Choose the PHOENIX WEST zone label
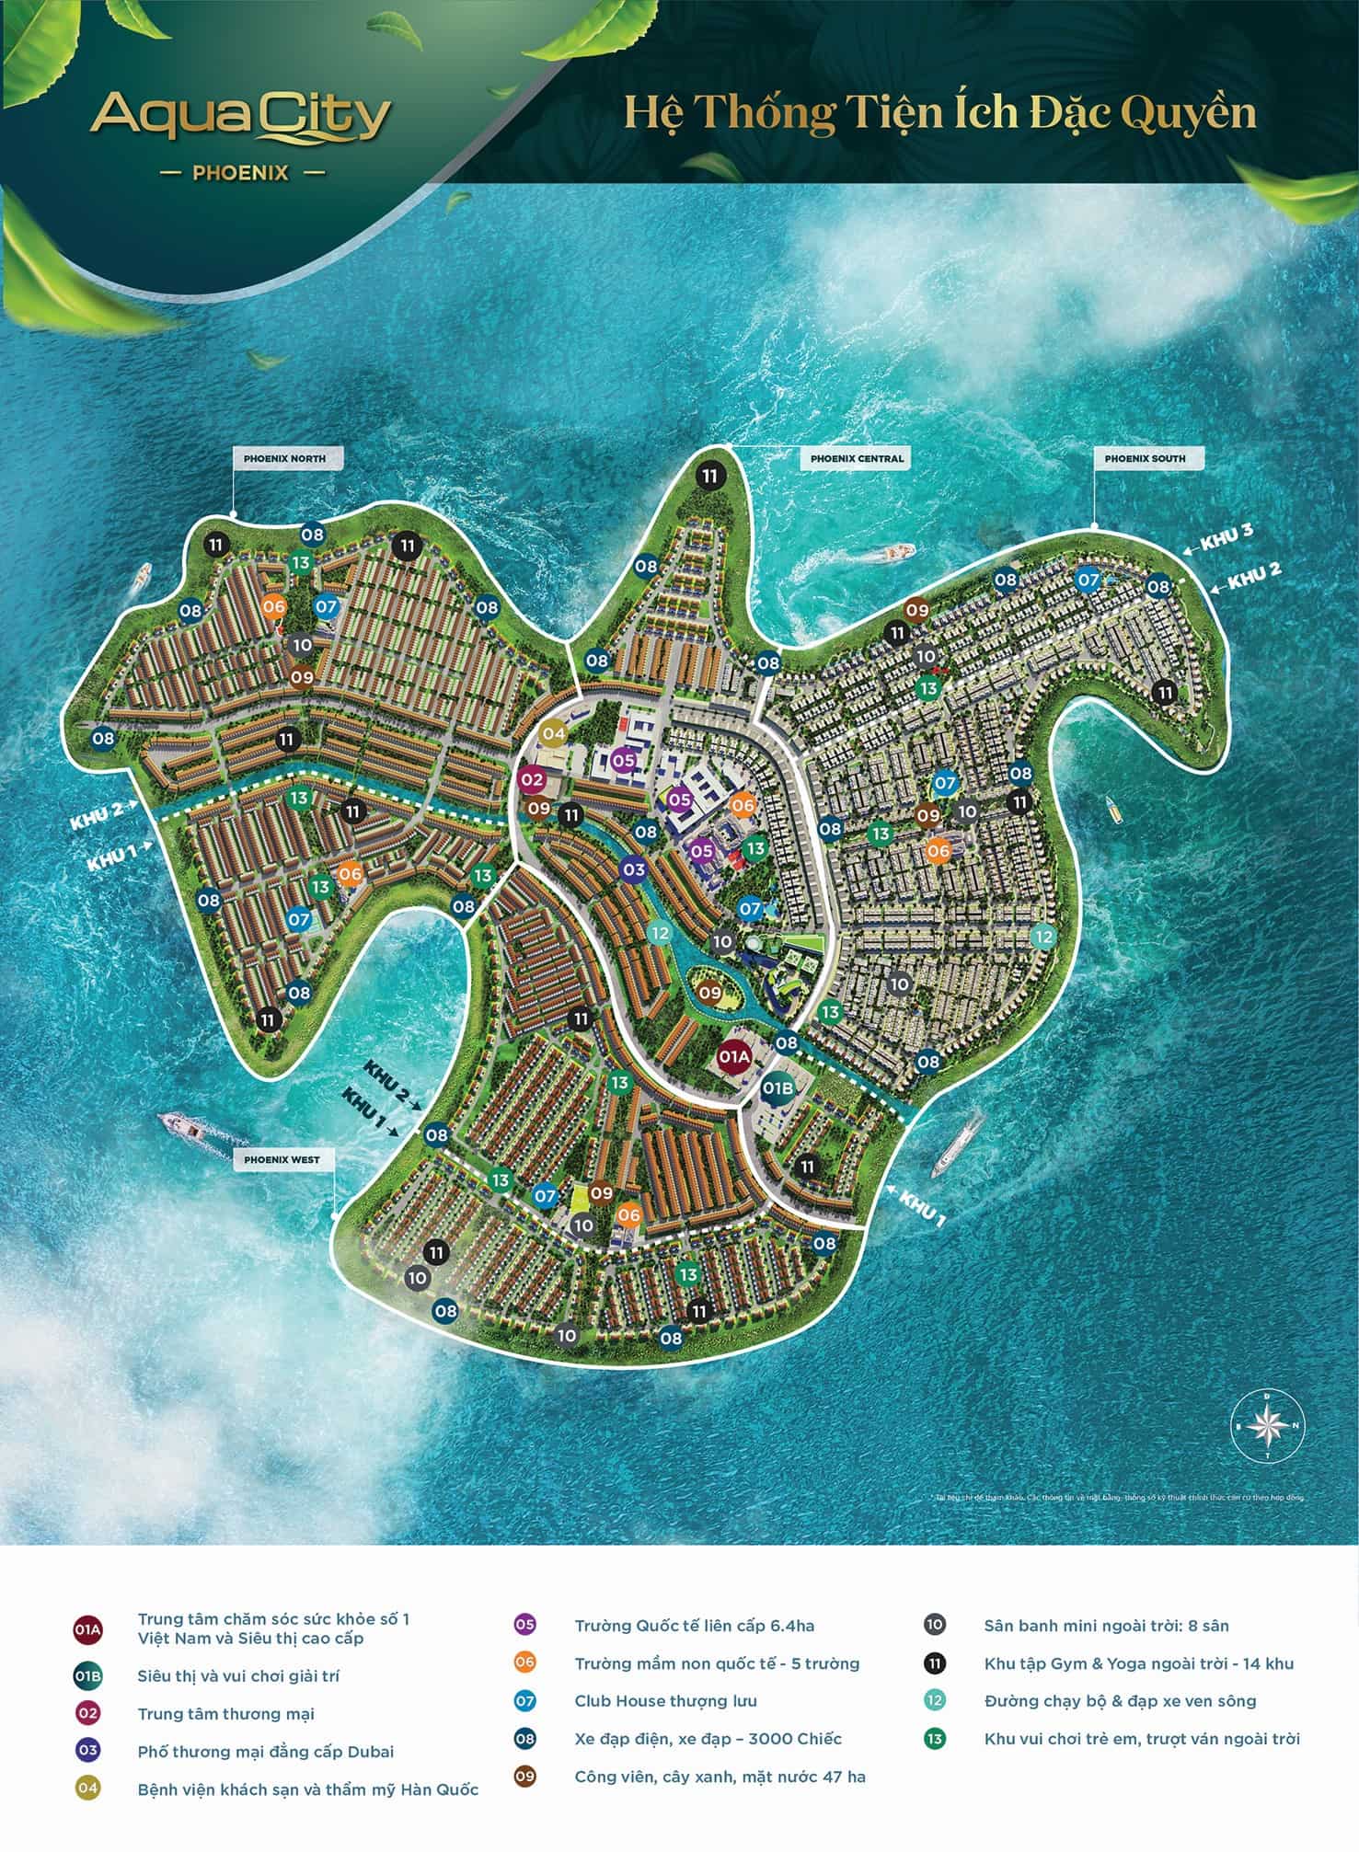282,1160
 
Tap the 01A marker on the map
734,1058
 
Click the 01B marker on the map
778,1089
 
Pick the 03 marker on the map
633,869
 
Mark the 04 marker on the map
553,733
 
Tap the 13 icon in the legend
934,1739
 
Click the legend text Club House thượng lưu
665,1701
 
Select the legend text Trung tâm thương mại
225,1714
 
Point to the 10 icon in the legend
934,1626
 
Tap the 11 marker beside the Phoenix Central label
708,477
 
